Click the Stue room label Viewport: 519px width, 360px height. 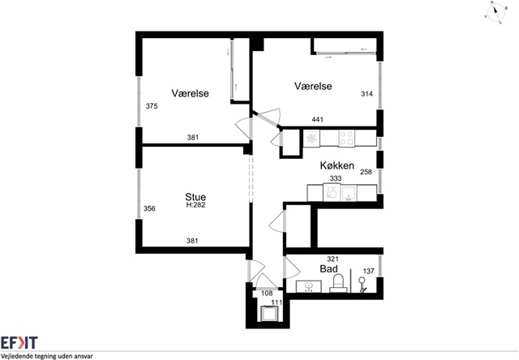pos(195,197)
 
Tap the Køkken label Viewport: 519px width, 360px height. pos(337,165)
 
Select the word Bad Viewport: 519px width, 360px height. pos(328,268)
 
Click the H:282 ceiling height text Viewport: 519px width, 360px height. pos(195,205)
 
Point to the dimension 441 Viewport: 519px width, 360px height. pos(317,119)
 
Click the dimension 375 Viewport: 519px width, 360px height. pos(152,106)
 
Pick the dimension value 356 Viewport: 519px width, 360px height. pos(149,208)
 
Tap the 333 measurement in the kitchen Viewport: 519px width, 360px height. pos(335,178)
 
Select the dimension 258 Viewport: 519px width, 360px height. pos(366,172)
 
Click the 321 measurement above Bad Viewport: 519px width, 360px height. pos(332,259)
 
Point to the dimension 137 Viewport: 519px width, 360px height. pos(368,271)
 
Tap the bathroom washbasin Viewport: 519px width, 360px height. pos(309,286)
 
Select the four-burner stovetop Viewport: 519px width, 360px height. pos(346,138)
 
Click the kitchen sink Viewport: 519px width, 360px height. pos(348,194)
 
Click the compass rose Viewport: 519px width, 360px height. pos(495,12)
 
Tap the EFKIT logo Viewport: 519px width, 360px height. pos(19,343)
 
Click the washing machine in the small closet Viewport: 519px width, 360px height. pos(270,313)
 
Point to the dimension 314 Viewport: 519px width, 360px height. pos(367,94)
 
